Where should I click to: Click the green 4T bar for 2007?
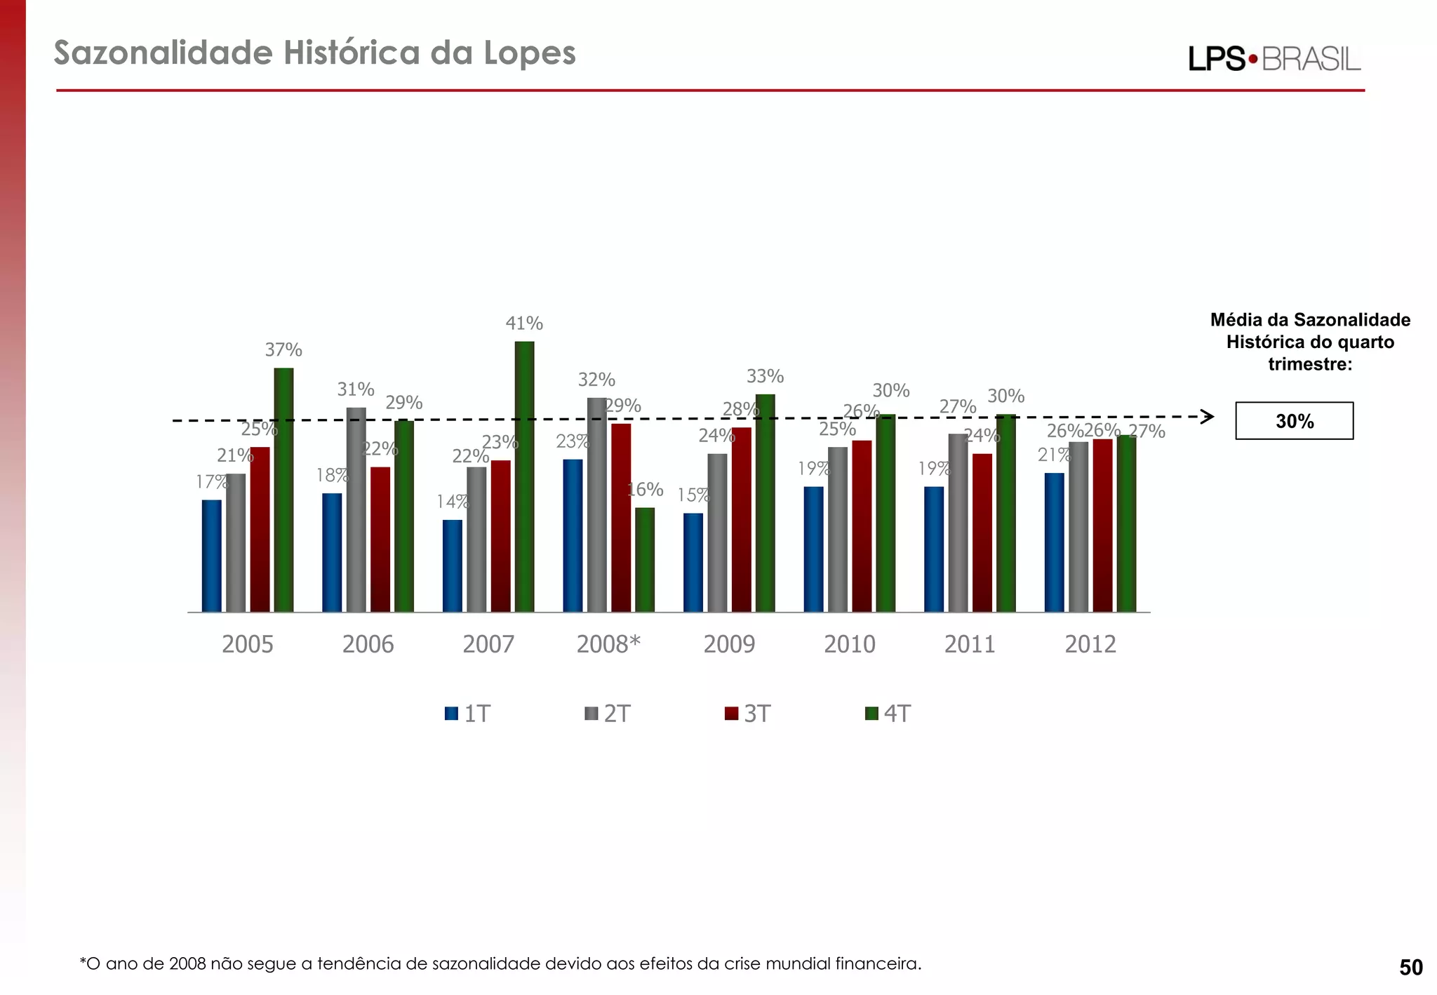pos(524,477)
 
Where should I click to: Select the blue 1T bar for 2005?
pos(211,556)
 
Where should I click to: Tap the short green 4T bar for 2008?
pos(644,559)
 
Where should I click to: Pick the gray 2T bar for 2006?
pos(356,509)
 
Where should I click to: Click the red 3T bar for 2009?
pos(741,519)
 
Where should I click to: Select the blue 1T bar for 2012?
pos(1054,542)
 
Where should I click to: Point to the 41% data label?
pos(524,323)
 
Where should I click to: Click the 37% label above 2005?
pos(283,349)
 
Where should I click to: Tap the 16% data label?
pos(646,489)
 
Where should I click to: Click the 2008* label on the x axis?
pos(608,644)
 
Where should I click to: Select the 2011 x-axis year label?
pos(970,644)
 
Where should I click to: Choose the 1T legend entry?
pos(468,714)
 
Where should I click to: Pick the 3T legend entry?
pos(748,714)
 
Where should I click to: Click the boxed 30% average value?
pos(1294,421)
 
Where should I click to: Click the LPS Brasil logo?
pos(1274,59)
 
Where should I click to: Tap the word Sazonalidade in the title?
pos(163,53)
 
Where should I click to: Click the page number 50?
pos(1410,968)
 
